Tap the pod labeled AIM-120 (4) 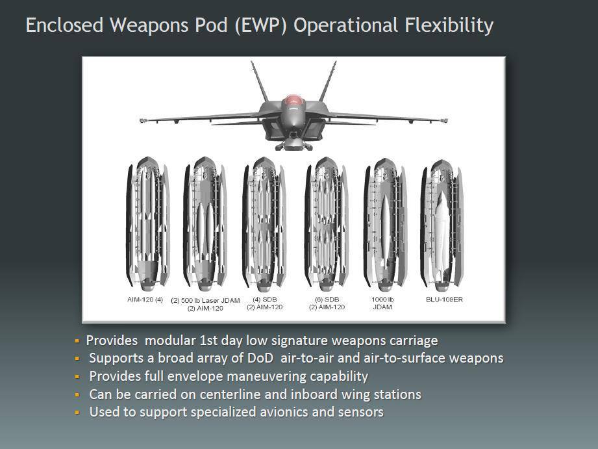[x=147, y=224]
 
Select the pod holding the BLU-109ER [x=442, y=225]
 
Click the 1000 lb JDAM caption [x=382, y=303]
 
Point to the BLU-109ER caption [x=444, y=300]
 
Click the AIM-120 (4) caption [x=145, y=300]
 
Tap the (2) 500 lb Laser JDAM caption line [x=205, y=300]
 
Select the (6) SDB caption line [x=327, y=300]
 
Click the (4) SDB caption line [x=265, y=300]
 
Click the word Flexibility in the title [x=449, y=25]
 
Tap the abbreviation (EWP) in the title [x=261, y=25]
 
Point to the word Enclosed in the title [x=64, y=25]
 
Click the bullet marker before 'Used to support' [x=77, y=413]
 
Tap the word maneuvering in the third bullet [x=268, y=376]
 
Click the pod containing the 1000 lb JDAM [x=385, y=225]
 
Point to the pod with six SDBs [x=326, y=224]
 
